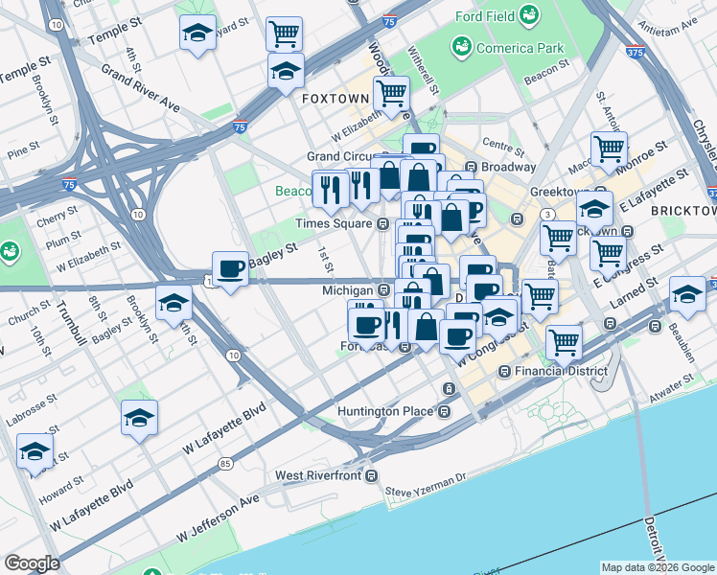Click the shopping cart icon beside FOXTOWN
(391, 94)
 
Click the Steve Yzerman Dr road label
(425, 491)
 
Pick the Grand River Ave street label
(141, 88)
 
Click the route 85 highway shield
(225, 464)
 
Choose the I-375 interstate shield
(634, 53)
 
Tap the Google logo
(33, 563)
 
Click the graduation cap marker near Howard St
(35, 451)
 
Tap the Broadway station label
(508, 167)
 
